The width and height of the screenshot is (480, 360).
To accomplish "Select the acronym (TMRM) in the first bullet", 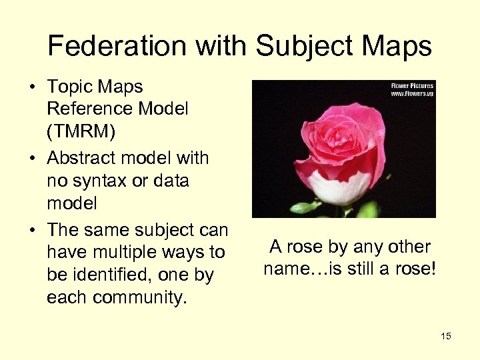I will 81,131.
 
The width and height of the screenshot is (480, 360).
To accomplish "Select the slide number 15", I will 446,336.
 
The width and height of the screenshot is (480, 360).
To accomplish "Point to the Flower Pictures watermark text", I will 412,85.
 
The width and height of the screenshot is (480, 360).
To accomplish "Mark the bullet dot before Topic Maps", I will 33,87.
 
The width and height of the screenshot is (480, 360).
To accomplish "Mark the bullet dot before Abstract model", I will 33,159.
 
